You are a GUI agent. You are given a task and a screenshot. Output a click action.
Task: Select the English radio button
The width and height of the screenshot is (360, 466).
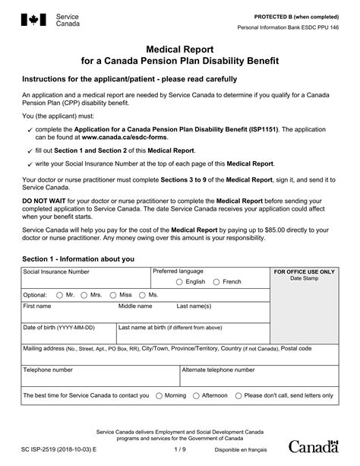tap(179, 281)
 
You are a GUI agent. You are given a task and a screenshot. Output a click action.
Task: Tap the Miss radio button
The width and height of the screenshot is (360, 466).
tap(112, 294)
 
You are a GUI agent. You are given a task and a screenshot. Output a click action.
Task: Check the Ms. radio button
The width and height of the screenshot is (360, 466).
tap(142, 294)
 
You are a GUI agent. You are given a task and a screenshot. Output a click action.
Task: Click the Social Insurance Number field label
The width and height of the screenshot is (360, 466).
tap(56, 271)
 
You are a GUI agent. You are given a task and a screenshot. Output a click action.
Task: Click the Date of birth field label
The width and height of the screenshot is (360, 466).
tap(59, 328)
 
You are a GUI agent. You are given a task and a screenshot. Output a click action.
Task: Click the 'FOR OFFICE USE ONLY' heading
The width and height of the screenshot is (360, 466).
tap(304, 271)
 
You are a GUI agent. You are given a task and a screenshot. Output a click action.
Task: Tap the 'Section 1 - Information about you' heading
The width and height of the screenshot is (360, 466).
tap(78, 258)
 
